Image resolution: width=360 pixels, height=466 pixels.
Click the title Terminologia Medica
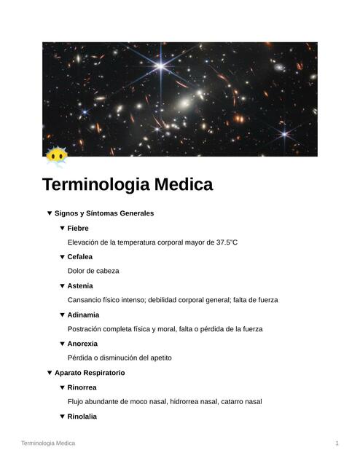(127, 185)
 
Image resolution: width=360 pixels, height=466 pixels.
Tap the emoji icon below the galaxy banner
(55, 156)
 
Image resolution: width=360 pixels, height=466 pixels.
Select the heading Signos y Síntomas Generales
(104, 213)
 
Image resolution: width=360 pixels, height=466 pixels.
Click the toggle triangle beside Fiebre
(62, 228)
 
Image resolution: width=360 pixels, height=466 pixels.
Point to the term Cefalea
(80, 257)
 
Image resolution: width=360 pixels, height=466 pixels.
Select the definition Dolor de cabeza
(93, 271)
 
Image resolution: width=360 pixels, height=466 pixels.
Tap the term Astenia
(80, 285)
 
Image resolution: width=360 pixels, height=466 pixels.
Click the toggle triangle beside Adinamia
(62, 315)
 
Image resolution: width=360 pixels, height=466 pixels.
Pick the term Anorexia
(82, 344)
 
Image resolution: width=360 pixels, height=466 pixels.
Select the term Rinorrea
(82, 387)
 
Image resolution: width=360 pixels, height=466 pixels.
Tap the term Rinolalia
(82, 416)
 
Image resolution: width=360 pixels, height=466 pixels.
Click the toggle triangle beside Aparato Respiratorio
(50, 373)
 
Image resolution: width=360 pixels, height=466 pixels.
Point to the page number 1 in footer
(337, 443)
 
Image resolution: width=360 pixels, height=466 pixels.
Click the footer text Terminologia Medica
(48, 443)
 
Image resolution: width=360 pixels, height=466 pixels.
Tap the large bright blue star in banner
(160, 66)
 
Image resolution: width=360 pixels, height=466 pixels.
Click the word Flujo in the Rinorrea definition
(76, 401)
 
